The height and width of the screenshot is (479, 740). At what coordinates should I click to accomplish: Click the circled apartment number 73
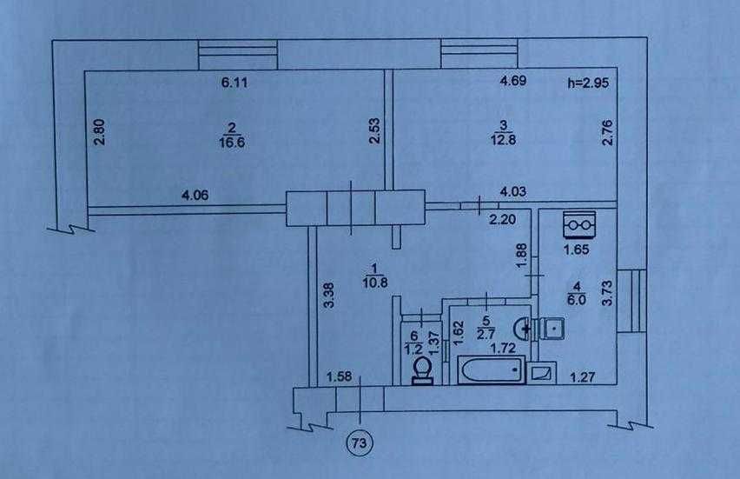click(360, 443)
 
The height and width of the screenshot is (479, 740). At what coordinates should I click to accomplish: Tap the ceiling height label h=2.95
click(588, 83)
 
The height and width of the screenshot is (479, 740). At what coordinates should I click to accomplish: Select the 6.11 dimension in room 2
click(235, 83)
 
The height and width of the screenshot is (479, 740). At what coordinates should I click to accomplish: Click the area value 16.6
click(232, 143)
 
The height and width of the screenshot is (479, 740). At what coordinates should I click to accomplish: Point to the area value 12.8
click(503, 140)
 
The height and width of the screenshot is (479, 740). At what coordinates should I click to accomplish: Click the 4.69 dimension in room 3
click(513, 81)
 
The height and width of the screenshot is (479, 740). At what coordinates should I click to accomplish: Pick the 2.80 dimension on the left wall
click(99, 132)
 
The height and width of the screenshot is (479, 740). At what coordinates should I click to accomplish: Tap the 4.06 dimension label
click(195, 195)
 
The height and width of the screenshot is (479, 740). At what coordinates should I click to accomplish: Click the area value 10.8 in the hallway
click(375, 283)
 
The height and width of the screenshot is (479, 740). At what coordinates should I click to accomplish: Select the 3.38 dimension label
click(329, 296)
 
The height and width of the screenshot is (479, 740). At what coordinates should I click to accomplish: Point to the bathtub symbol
click(492, 370)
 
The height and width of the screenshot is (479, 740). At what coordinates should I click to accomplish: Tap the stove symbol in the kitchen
click(579, 224)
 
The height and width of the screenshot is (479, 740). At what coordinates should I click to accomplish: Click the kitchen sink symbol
click(552, 328)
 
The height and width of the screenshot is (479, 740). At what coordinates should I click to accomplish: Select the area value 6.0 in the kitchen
click(578, 299)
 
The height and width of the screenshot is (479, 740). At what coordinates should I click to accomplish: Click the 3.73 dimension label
click(607, 293)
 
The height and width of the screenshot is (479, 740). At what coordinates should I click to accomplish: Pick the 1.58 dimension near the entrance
click(339, 376)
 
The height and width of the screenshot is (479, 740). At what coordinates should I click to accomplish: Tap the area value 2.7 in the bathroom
click(486, 334)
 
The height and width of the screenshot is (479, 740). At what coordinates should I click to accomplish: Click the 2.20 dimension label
click(502, 219)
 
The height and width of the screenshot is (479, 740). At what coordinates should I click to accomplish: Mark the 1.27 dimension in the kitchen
click(583, 377)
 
